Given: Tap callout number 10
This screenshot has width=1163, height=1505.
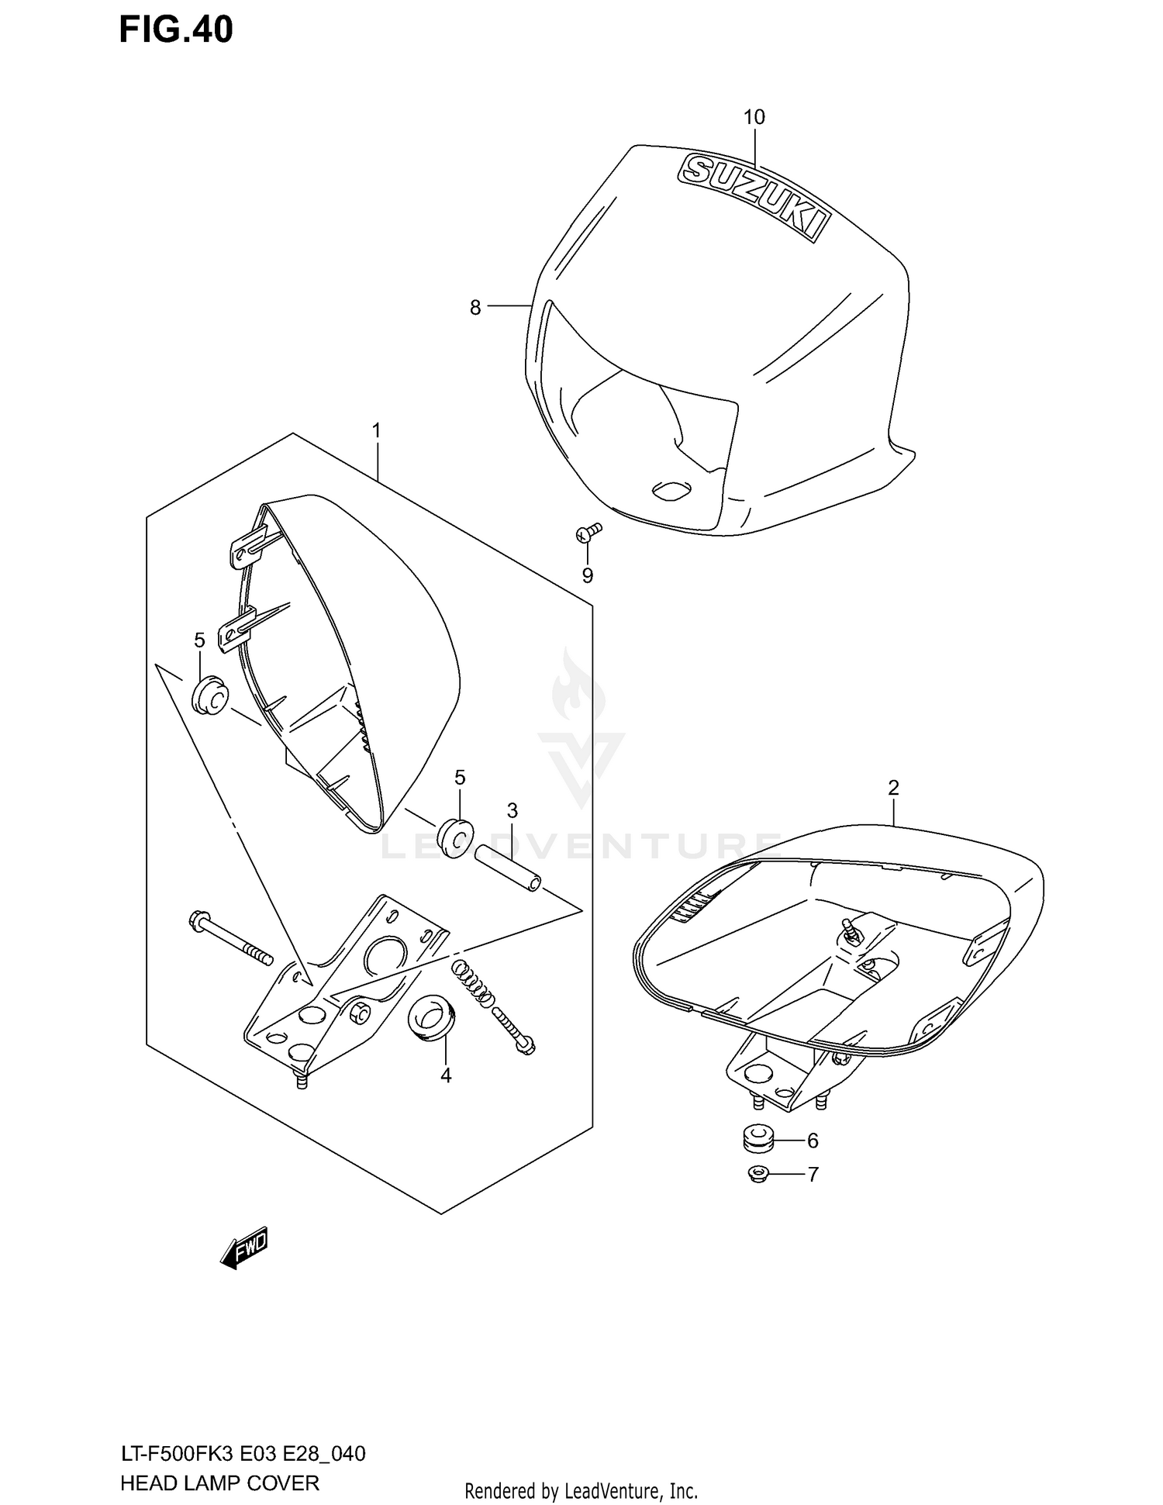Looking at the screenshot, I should [754, 117].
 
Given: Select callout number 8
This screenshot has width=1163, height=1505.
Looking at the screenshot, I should [475, 308].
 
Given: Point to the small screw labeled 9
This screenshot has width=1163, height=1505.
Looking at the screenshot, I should [589, 531].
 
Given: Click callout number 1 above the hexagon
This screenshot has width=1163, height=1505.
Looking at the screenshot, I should [377, 430].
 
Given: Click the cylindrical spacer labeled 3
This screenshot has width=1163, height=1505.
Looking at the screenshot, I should [508, 868].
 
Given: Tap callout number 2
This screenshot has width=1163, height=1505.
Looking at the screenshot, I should [893, 788].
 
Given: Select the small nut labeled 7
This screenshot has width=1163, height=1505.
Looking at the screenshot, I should [757, 1174].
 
